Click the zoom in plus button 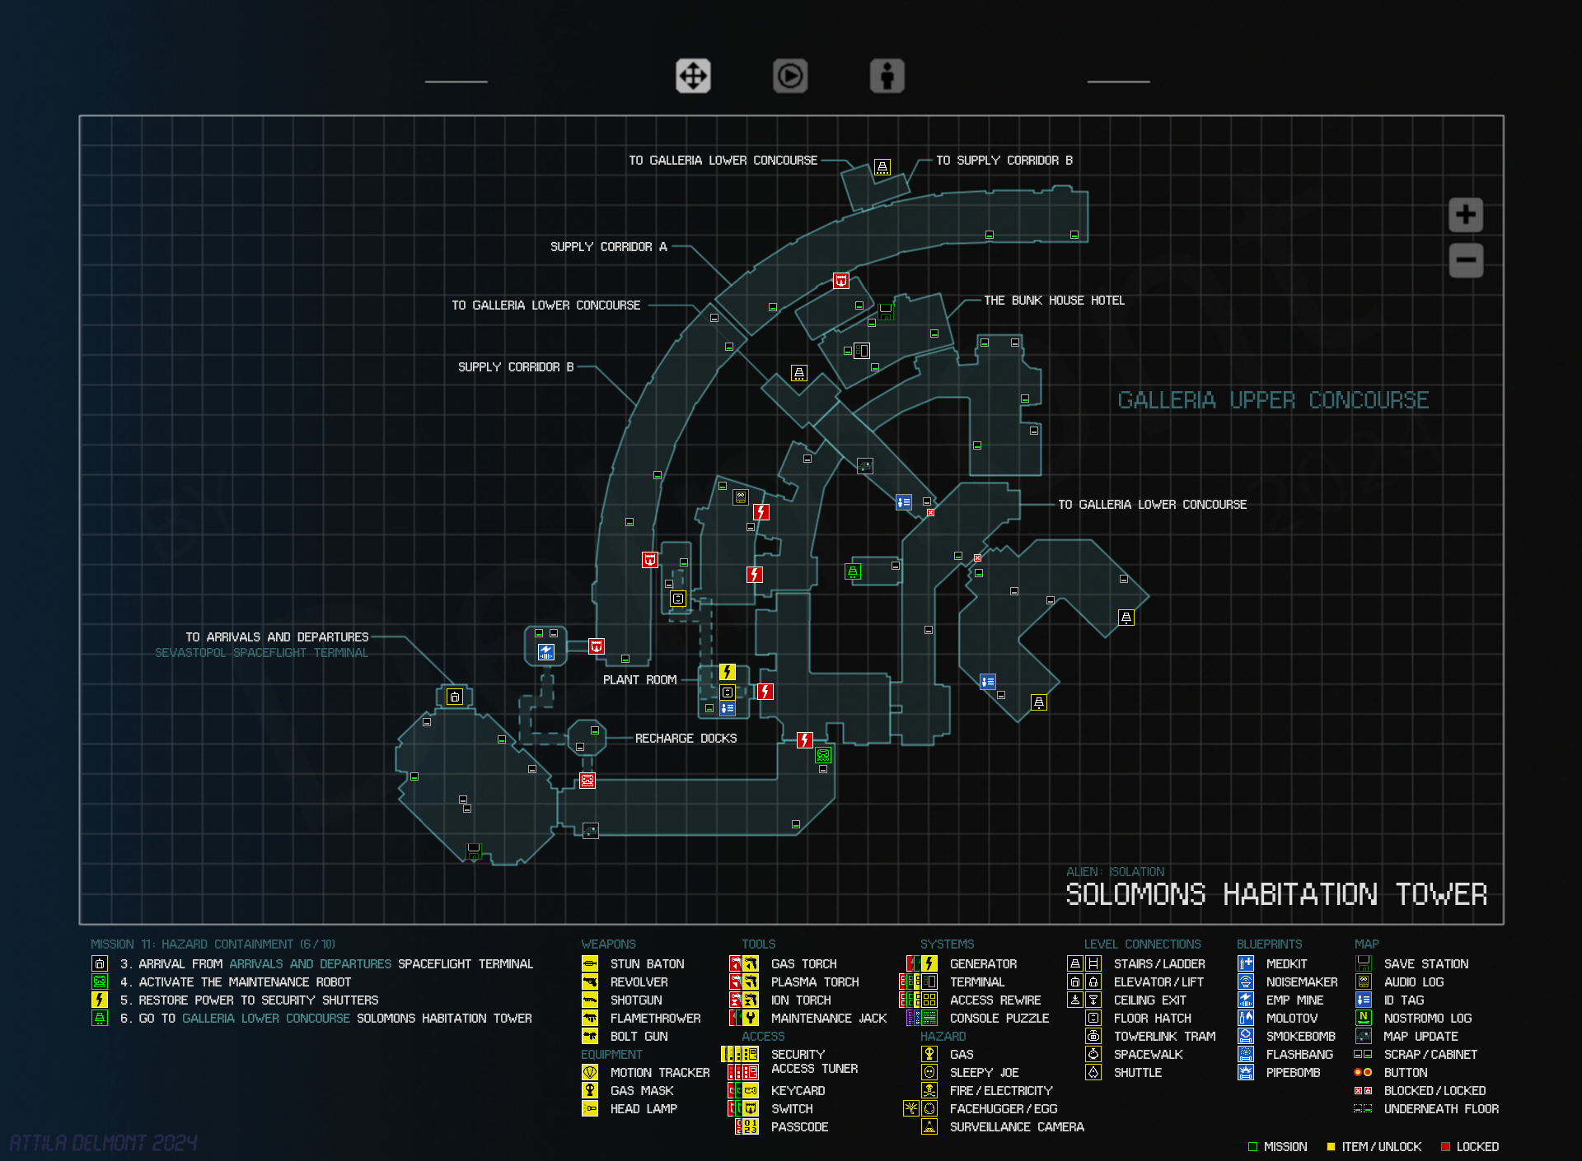coord(1466,215)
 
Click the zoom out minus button coord(1466,260)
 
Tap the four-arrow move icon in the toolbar coord(693,77)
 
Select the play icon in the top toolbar coord(790,77)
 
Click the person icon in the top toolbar coord(887,77)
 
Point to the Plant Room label coord(639,680)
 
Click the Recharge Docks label coord(686,739)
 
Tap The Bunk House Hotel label coord(1054,301)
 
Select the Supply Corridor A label coord(609,247)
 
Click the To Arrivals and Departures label coord(277,637)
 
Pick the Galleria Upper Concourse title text coord(1273,400)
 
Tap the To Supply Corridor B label coord(1004,161)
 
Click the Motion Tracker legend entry coord(659,1073)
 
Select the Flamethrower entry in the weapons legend coord(655,1019)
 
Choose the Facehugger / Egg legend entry coord(1003,1109)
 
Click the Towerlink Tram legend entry coord(1164,1037)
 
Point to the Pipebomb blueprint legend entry coord(1293,1073)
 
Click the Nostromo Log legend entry coord(1427,1019)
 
